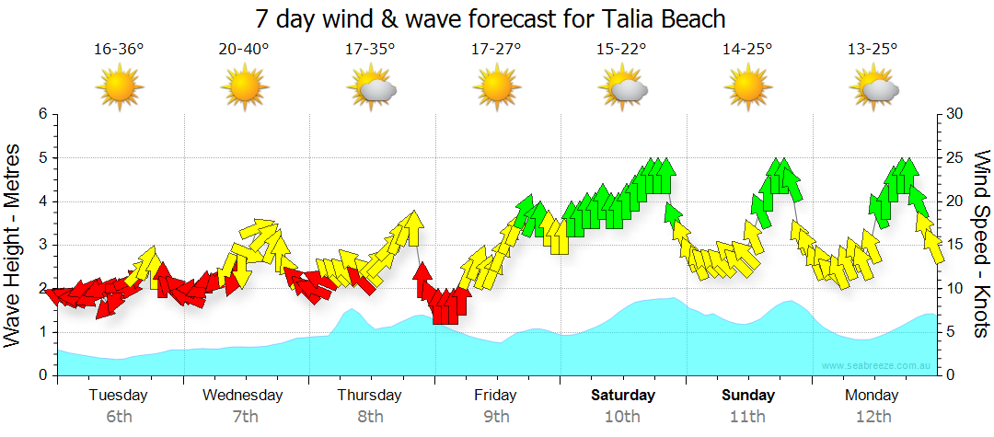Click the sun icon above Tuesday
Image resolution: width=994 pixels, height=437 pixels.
click(x=120, y=88)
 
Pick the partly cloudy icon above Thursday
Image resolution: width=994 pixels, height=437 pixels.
click(x=372, y=89)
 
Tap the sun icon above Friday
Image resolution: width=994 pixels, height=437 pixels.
click(x=496, y=88)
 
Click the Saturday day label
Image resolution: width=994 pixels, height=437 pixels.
click(x=622, y=396)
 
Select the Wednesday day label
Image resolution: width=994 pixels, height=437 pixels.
click(x=243, y=396)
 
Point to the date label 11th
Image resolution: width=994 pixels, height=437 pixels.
click(x=747, y=417)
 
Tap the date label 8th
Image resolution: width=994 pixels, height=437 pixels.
click(x=370, y=417)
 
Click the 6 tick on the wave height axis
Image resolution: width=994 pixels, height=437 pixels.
click(x=42, y=114)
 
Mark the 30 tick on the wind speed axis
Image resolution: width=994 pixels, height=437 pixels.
click(x=954, y=114)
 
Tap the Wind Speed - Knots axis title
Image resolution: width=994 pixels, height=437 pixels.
click(x=981, y=245)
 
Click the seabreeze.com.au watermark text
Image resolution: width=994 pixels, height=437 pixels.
click(x=878, y=365)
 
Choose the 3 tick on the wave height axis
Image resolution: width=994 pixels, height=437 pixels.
click(x=42, y=245)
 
